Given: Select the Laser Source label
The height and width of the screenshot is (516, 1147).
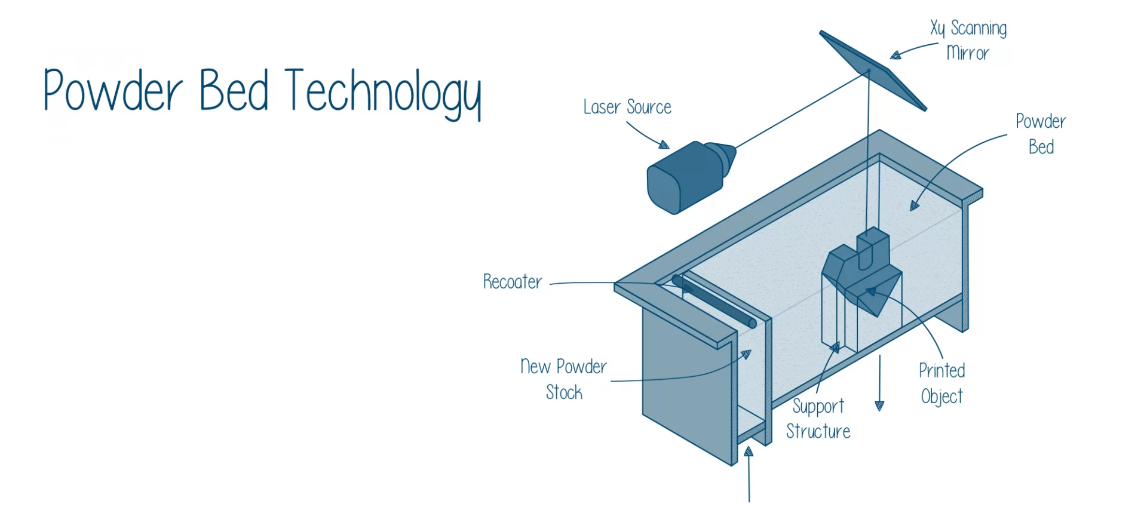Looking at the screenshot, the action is click(627, 107).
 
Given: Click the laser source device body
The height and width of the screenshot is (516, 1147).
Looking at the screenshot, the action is click(684, 178).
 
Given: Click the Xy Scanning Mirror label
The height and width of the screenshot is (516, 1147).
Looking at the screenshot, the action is click(968, 40).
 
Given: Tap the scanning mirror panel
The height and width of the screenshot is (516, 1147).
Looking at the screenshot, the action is click(873, 70).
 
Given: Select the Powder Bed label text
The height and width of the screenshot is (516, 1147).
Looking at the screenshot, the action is click(1041, 134).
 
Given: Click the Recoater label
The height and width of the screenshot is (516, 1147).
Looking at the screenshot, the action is click(513, 281).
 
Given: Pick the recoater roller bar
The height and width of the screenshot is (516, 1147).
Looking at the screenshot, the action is click(714, 301).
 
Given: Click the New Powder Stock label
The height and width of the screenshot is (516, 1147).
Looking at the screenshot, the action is click(563, 379).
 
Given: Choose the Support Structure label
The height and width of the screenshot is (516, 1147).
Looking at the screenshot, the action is click(818, 419).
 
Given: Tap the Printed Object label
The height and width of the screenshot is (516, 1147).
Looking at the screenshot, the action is click(942, 383).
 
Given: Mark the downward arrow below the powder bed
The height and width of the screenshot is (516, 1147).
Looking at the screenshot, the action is click(879, 383).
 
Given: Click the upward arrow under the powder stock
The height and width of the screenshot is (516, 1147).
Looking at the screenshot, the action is click(749, 474).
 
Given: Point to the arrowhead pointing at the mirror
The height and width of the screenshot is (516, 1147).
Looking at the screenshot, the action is click(895, 56).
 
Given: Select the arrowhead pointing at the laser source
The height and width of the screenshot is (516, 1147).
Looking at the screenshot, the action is click(664, 145).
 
